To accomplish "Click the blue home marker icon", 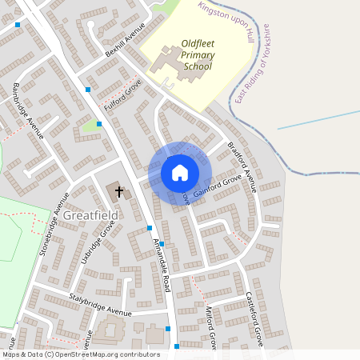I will point(180,172).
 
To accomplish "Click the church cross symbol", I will point(120,192).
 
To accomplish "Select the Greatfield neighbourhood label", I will point(90,216).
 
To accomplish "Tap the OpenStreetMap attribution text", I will point(80,354).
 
